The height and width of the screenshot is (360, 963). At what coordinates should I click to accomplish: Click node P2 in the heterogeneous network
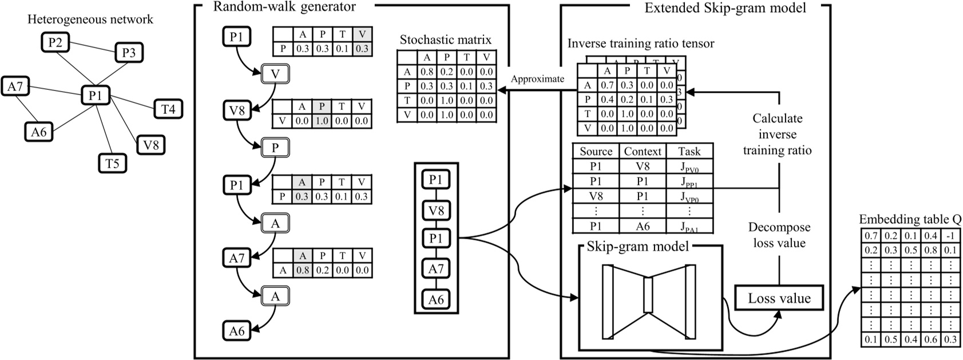tap(55, 42)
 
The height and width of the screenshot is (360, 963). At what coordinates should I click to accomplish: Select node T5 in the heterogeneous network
tap(112, 163)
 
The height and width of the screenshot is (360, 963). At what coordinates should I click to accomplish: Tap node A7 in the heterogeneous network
tap(15, 86)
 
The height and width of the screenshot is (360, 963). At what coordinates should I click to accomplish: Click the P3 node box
tap(129, 53)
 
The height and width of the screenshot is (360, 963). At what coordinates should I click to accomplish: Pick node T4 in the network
tap(168, 108)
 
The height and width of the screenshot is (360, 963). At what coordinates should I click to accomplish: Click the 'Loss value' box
tap(779, 298)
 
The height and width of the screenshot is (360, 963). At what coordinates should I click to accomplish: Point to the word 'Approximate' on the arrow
tap(537, 79)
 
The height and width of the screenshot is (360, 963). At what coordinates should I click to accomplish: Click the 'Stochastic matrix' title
tap(445, 40)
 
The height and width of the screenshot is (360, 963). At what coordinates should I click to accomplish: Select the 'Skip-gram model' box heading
tap(638, 247)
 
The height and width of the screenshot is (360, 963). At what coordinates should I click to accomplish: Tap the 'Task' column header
tap(689, 151)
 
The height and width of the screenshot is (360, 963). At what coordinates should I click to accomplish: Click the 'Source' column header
tap(596, 151)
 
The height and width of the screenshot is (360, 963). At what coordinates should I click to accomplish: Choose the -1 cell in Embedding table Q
tap(950, 236)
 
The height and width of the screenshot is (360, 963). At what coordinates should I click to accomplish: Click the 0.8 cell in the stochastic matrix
tap(426, 72)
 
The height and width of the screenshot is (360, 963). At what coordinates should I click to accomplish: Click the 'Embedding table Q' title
tap(910, 220)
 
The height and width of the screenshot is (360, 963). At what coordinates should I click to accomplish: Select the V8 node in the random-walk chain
tap(236, 109)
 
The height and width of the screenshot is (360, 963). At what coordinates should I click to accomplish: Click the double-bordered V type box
tap(275, 74)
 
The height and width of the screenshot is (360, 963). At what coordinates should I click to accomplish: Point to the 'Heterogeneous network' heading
tap(90, 19)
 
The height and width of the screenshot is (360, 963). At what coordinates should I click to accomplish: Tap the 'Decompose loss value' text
tap(779, 235)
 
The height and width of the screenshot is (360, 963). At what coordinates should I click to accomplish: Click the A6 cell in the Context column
tap(643, 226)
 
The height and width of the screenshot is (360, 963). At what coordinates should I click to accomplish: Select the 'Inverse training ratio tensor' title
tap(641, 43)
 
